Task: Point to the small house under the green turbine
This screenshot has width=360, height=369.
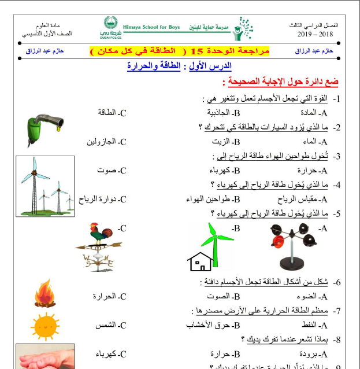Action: (x=199, y=261)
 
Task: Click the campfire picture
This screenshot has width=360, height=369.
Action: (x=44, y=294)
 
